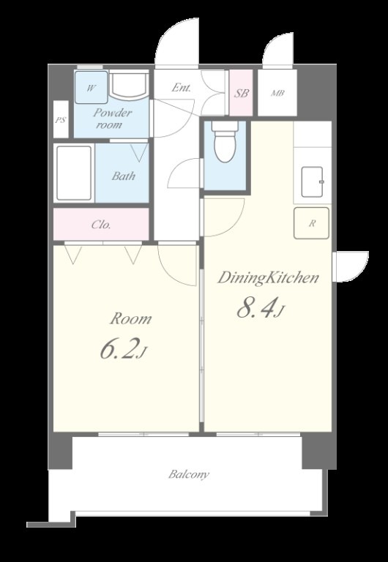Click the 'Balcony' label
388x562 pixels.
click(x=189, y=474)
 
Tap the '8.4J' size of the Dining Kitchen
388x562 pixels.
click(x=261, y=309)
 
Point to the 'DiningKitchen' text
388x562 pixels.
click(x=268, y=278)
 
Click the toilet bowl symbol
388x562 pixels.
click(x=225, y=142)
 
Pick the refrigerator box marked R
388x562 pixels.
click(x=311, y=223)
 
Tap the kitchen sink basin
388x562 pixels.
click(x=312, y=182)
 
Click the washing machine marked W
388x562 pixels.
click(x=91, y=88)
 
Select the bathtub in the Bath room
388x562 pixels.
click(x=74, y=173)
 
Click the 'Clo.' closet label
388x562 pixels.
click(x=101, y=225)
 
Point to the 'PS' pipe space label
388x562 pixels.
click(x=61, y=120)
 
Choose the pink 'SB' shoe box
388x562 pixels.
click(x=242, y=93)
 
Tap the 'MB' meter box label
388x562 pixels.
click(x=277, y=93)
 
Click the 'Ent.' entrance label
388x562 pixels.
click(x=182, y=88)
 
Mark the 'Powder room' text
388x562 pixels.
click(x=111, y=119)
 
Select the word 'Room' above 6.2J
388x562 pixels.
click(x=130, y=318)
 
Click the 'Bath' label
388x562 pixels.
click(x=124, y=176)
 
